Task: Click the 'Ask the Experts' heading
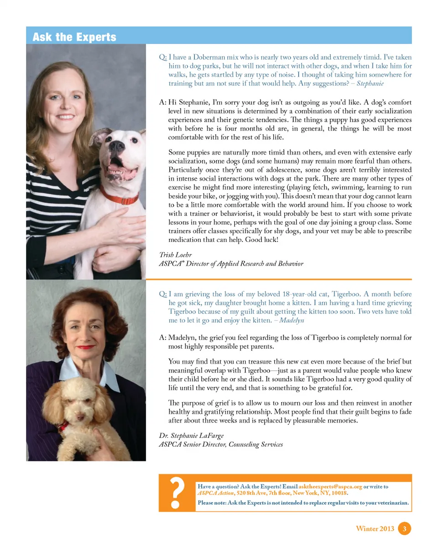pos(74,37)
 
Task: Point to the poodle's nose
pos(80,417)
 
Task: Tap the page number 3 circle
pos(405,528)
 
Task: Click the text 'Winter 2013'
pos(375,528)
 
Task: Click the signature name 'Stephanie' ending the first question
pos(370,84)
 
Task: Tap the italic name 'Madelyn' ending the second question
pos(292,320)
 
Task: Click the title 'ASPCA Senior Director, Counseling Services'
pos(220,444)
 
